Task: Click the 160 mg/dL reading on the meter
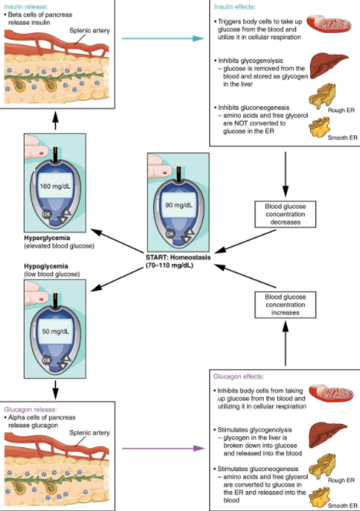(x=55, y=186)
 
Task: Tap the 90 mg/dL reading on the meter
(x=178, y=205)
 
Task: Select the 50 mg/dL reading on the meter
(x=55, y=332)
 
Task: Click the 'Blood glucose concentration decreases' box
(x=285, y=214)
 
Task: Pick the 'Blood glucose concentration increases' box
(x=285, y=305)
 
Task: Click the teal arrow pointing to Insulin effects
(x=163, y=38)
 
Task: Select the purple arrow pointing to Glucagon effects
(x=163, y=449)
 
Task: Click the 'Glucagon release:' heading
(x=30, y=409)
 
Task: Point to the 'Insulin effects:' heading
(x=235, y=7)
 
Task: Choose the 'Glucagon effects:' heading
(x=238, y=376)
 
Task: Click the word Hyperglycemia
(x=47, y=238)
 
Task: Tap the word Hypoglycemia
(x=46, y=266)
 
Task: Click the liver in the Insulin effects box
(x=328, y=66)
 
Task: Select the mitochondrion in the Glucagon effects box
(x=331, y=393)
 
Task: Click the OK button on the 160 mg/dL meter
(x=47, y=214)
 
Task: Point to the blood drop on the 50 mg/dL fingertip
(x=41, y=299)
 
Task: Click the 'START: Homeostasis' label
(x=178, y=258)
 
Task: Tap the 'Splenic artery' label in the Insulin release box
(x=89, y=31)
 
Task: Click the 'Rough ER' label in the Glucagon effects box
(x=341, y=480)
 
